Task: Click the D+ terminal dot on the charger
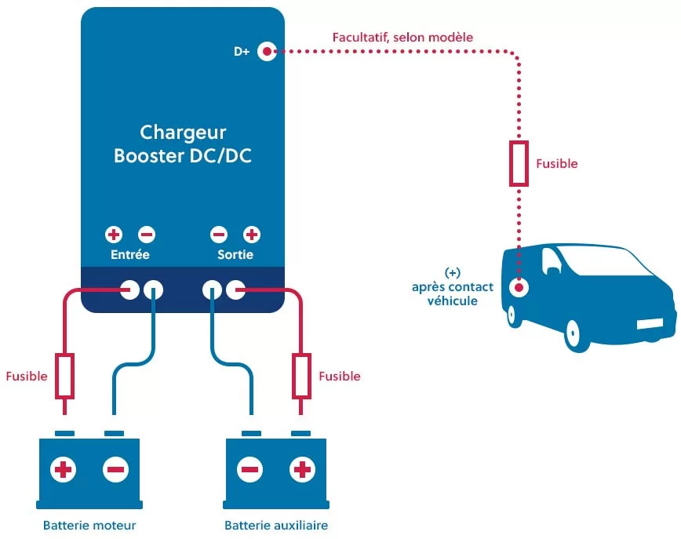(x=267, y=52)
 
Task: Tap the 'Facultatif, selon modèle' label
(x=402, y=37)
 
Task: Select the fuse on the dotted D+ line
(x=519, y=164)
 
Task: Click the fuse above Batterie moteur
(x=65, y=376)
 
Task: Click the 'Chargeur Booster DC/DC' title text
(x=183, y=144)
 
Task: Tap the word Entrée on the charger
(x=130, y=255)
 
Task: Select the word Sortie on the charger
(x=235, y=255)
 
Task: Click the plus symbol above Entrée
(x=115, y=235)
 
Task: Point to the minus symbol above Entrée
(x=147, y=235)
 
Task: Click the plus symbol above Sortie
(x=252, y=235)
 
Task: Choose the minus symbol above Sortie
(x=219, y=235)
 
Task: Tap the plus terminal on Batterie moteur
(x=64, y=470)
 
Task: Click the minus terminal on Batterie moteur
(x=115, y=470)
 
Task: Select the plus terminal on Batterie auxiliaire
(x=301, y=470)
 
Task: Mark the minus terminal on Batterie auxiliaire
(x=250, y=470)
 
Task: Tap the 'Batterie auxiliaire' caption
(x=276, y=525)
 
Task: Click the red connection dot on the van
(x=519, y=287)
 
